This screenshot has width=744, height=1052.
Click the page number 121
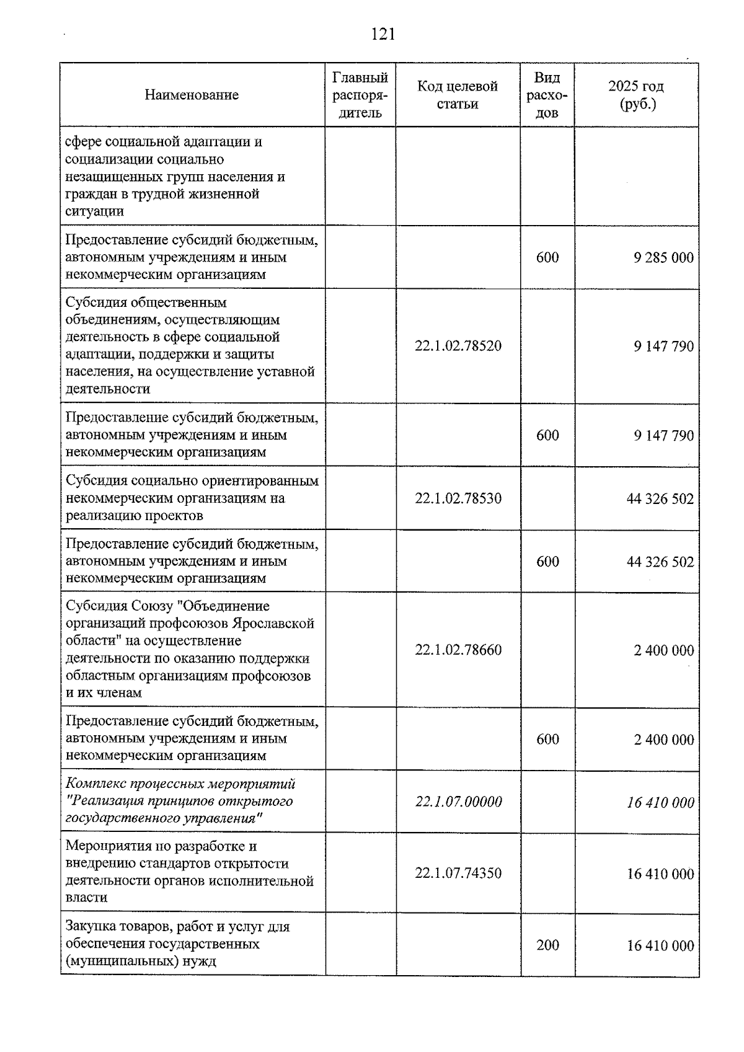[383, 34]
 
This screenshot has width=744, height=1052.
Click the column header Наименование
[192, 95]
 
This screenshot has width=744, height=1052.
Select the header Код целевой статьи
[458, 95]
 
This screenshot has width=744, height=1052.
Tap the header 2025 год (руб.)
[636, 95]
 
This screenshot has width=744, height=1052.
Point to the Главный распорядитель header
[360, 95]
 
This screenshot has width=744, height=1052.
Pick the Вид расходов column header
[547, 95]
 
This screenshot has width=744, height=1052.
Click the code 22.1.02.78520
[458, 346]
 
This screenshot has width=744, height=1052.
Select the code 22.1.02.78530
[458, 498]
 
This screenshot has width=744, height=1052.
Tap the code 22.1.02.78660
[458, 650]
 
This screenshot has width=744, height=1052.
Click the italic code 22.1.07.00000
[458, 802]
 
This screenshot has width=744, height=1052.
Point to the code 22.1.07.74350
[458, 873]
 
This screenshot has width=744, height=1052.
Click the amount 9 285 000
[663, 258]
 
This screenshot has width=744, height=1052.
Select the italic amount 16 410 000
[660, 803]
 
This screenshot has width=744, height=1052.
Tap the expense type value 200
[547, 945]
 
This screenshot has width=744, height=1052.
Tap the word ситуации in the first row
[94, 211]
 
